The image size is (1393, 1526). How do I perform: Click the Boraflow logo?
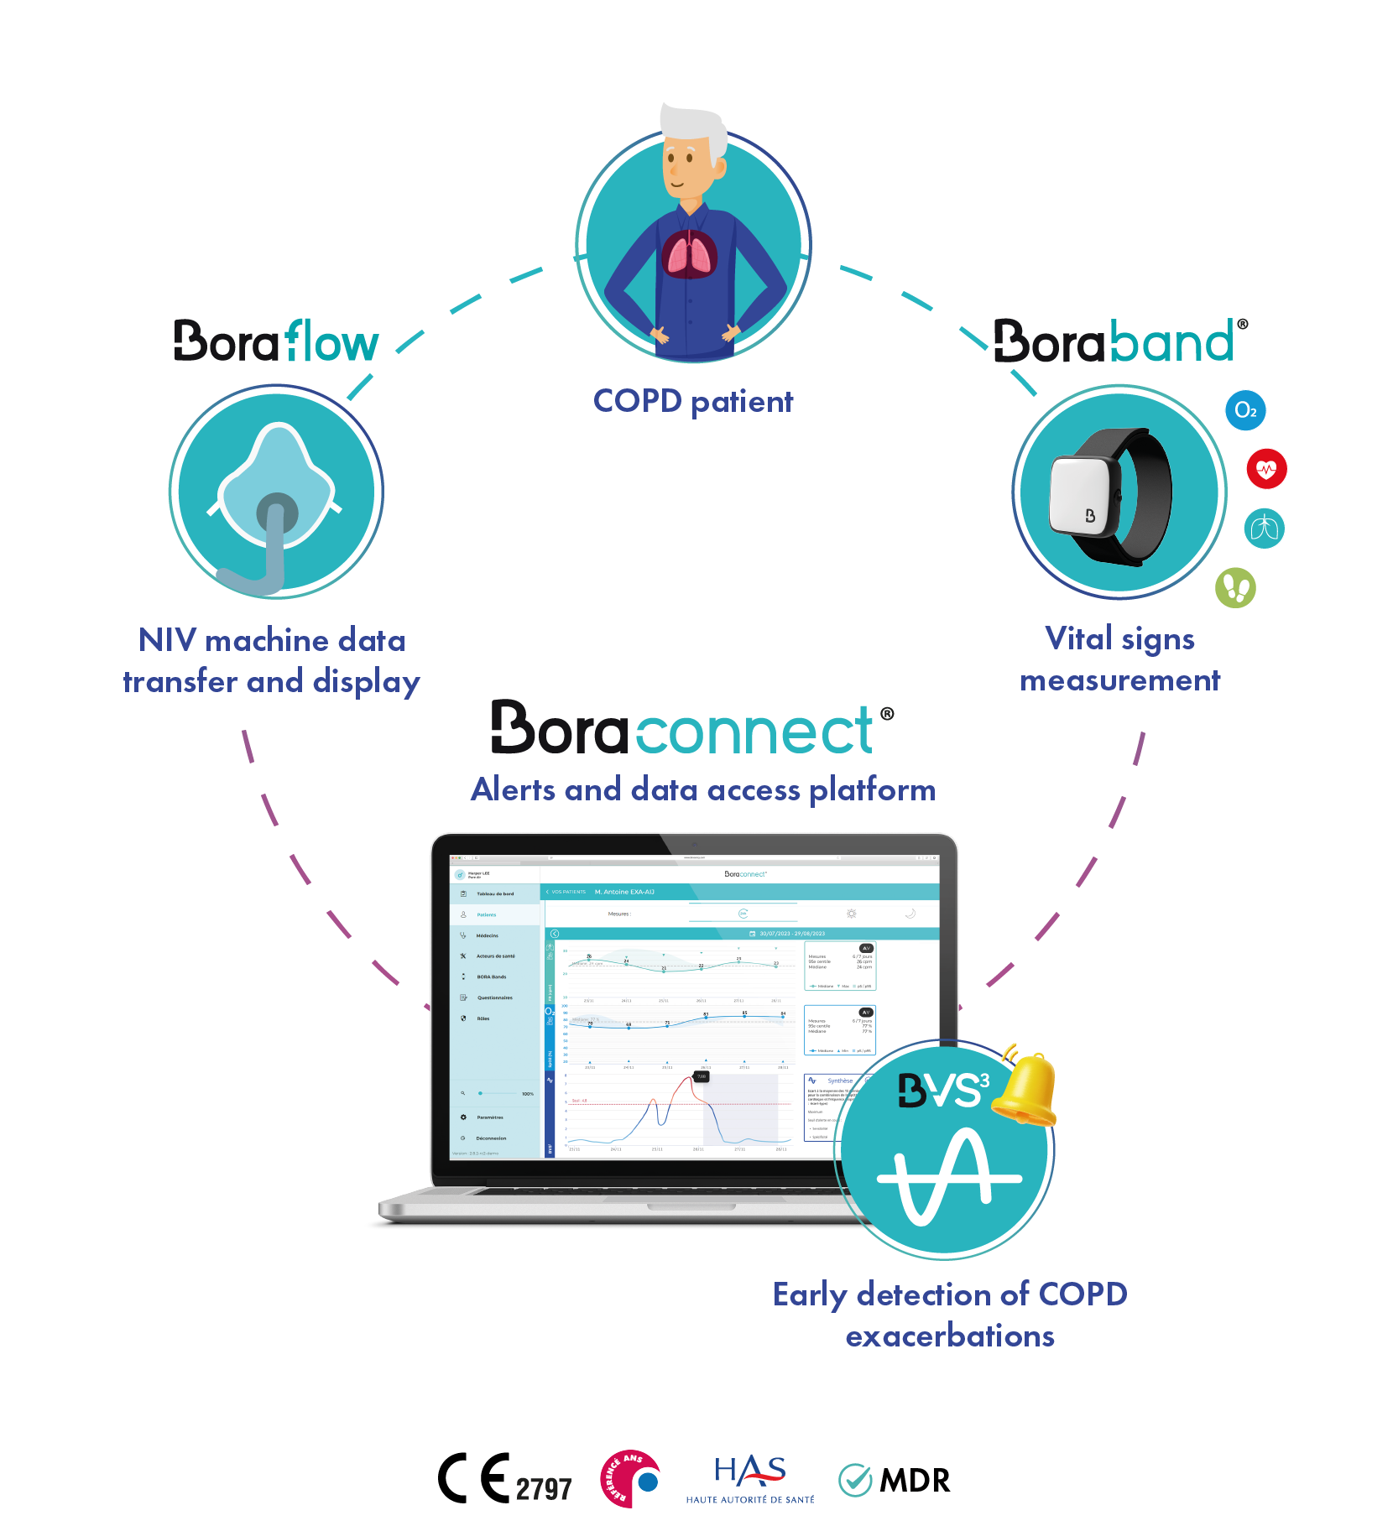pyautogui.click(x=276, y=341)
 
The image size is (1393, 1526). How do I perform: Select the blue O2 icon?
pyautogui.click(x=1245, y=410)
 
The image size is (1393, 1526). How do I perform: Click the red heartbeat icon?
pyautogui.click(x=1266, y=469)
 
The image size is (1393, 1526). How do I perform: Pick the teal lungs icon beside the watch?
pyautogui.click(x=1264, y=529)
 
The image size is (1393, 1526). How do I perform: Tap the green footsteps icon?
pyautogui.click(x=1235, y=587)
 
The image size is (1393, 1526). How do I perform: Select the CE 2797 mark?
pyautogui.click(x=504, y=1480)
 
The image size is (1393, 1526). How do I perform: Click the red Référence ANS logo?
pyautogui.click(x=629, y=1479)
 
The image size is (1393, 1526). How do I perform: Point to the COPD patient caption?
pyautogui.click(x=693, y=401)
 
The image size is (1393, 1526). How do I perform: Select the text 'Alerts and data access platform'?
pyautogui.click(x=703, y=790)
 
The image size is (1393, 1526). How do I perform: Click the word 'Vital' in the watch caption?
pyautogui.click(x=1078, y=639)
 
